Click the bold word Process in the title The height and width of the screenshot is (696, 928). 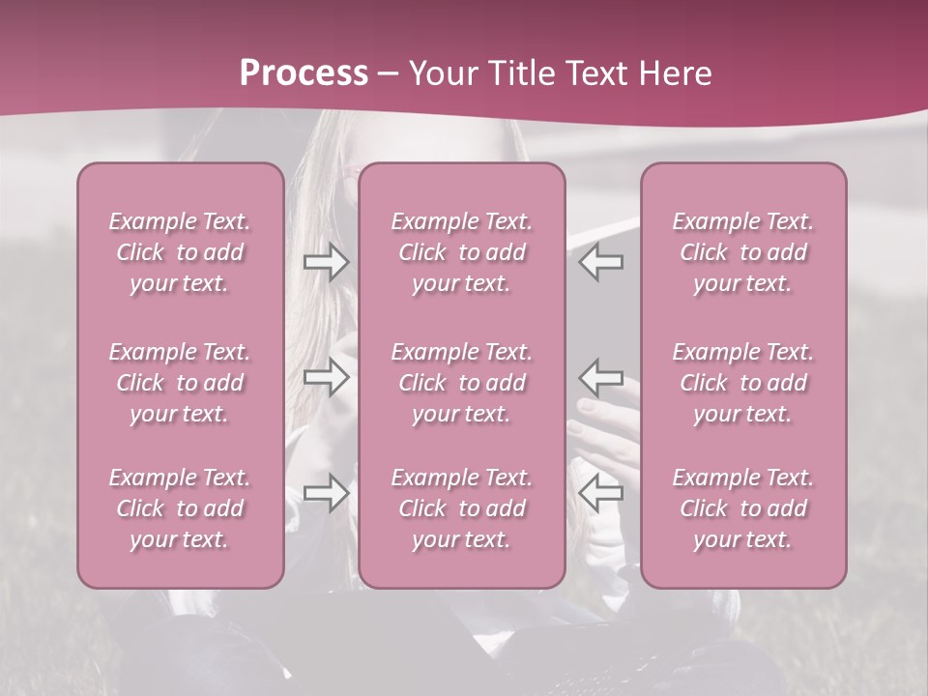[304, 73]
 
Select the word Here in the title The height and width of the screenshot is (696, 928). [676, 73]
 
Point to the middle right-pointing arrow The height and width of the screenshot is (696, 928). [327, 376]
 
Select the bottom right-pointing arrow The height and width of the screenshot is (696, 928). [327, 493]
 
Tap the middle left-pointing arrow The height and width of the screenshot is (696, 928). [601, 376]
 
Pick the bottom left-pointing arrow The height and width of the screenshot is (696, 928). [601, 493]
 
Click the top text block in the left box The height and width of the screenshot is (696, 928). [180, 252]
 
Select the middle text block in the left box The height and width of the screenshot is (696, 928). [180, 383]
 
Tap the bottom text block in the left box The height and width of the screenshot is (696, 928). [180, 508]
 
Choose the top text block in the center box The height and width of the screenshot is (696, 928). [462, 252]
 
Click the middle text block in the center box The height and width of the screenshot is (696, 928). [462, 383]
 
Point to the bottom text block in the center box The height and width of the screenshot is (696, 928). [462, 508]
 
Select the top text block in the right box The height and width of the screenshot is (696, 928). [743, 252]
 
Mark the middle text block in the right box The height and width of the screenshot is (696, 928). [743, 383]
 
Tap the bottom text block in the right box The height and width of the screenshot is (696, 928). [743, 508]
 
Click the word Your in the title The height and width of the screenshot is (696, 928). [444, 73]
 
